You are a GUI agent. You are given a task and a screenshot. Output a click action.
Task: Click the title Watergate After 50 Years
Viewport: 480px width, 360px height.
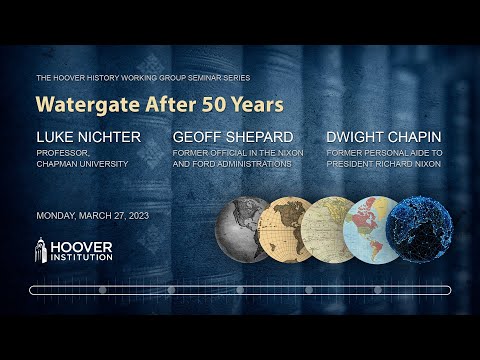click(x=159, y=103)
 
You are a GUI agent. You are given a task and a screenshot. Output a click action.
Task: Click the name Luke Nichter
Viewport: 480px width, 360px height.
click(x=89, y=137)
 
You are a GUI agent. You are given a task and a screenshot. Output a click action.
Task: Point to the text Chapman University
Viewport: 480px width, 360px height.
click(x=83, y=164)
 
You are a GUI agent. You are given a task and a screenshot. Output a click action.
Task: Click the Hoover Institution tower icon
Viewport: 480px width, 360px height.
click(x=43, y=249)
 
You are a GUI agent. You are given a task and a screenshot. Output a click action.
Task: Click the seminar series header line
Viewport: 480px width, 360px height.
click(x=143, y=77)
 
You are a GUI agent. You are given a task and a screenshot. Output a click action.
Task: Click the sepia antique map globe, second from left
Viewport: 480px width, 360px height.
click(x=283, y=228)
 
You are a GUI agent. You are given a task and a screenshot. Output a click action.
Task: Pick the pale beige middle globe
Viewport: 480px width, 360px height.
click(x=328, y=228)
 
